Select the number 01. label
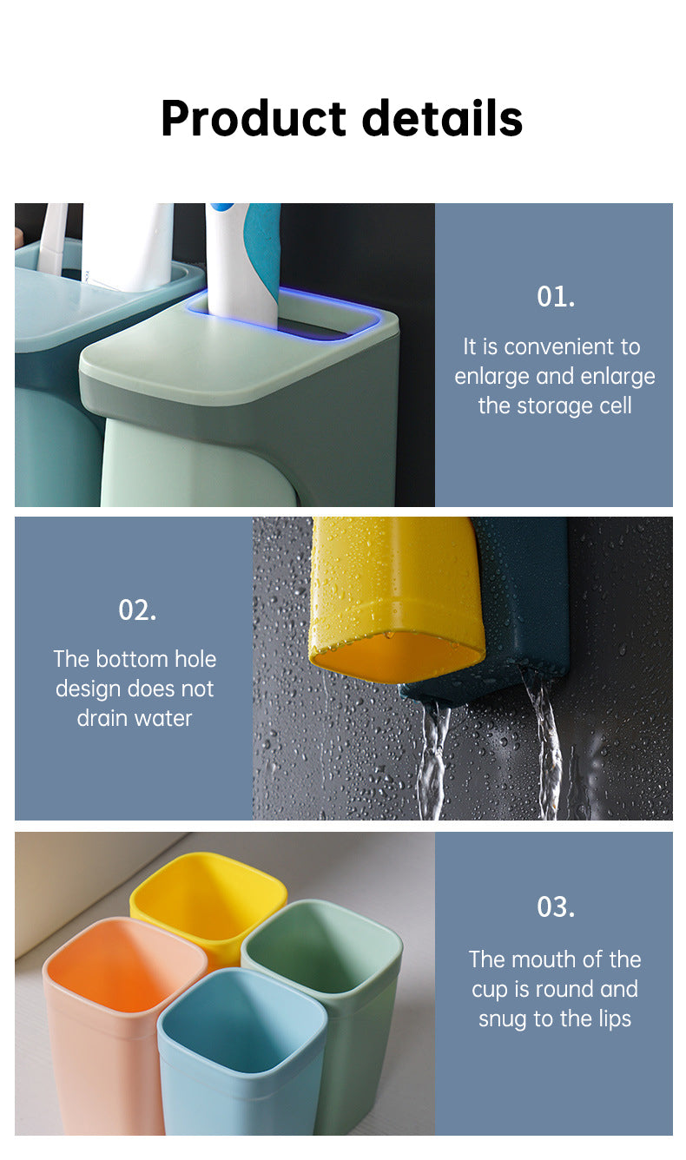tap(555, 297)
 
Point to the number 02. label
tap(136, 610)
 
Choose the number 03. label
tap(555, 907)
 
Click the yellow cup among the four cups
tap(208, 899)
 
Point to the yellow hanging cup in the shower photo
tap(395, 590)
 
